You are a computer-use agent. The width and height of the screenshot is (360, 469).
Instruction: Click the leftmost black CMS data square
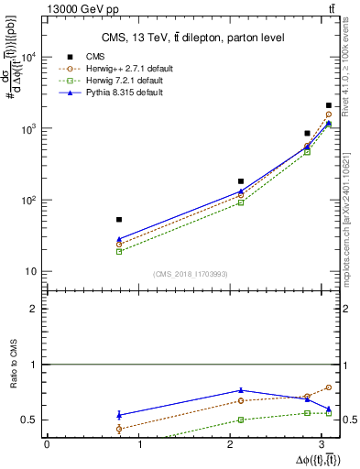coord(119,220)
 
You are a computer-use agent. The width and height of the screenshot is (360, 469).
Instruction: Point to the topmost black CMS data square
coord(329,105)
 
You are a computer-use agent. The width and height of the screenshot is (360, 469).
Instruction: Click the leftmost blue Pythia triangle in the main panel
coord(119,239)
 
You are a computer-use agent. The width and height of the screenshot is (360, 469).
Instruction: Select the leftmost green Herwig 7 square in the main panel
coord(119,251)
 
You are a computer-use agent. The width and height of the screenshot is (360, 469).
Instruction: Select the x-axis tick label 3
coord(327,445)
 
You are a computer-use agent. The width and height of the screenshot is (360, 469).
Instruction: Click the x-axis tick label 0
coord(47,445)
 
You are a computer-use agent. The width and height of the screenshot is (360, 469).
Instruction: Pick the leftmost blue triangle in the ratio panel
coord(119,415)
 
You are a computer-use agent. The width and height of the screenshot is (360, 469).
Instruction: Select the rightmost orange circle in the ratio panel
coord(329,387)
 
